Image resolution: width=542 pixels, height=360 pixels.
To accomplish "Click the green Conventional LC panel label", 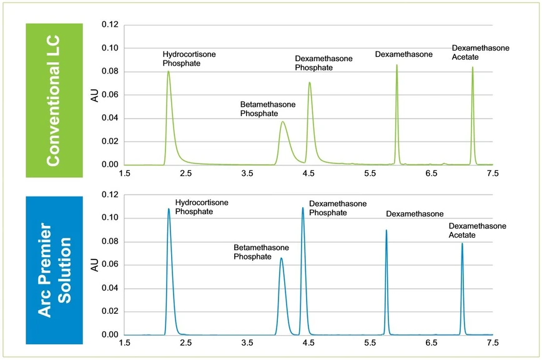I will point(54,100).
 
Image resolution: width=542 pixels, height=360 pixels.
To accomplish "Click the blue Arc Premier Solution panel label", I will point(54,270).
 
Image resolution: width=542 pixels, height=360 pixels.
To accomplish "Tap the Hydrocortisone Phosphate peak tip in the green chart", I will point(168,71).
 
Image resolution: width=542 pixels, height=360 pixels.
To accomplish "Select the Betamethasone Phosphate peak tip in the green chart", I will point(282,122).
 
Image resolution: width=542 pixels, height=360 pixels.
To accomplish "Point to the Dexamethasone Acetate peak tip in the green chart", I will point(472,67).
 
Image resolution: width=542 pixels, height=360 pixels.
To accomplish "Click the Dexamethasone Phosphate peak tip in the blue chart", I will point(303,208).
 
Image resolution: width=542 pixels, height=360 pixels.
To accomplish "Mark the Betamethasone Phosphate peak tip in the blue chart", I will point(281,258).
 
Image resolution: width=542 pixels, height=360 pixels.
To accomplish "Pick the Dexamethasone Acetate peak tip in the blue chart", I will point(462,243).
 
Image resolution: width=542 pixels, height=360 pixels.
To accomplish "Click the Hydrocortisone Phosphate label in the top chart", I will point(189,59).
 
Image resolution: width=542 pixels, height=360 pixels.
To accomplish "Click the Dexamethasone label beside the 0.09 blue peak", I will point(415,213).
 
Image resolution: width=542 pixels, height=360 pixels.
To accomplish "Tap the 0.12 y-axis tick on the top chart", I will point(110,24).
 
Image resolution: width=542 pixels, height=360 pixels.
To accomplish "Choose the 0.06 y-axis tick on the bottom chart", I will point(110,265).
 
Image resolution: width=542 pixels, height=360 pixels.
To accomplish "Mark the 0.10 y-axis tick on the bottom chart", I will point(110,218).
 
